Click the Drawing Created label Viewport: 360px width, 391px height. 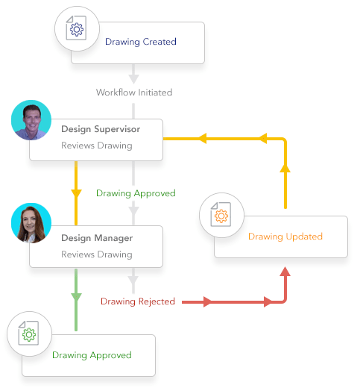[140, 42]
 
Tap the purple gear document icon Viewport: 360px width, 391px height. [75, 31]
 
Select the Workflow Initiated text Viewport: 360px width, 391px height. [134, 93]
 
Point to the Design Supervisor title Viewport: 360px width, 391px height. [100, 129]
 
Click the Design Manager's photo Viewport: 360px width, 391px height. [31, 223]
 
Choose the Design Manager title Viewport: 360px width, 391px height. [97, 238]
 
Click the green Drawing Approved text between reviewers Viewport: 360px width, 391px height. [136, 193]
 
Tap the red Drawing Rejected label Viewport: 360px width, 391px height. [138, 301]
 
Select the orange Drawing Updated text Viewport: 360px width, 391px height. [285, 237]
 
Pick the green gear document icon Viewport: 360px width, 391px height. [28, 334]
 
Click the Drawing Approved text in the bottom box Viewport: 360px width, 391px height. [92, 355]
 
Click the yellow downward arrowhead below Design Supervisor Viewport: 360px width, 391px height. [76, 194]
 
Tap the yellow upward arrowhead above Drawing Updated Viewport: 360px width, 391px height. [285, 169]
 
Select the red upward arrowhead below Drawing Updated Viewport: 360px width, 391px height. [285, 273]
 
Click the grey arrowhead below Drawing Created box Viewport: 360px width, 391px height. [134, 77]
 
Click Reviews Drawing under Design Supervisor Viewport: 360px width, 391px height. [96, 146]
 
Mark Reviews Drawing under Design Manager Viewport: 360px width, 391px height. [96, 254]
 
